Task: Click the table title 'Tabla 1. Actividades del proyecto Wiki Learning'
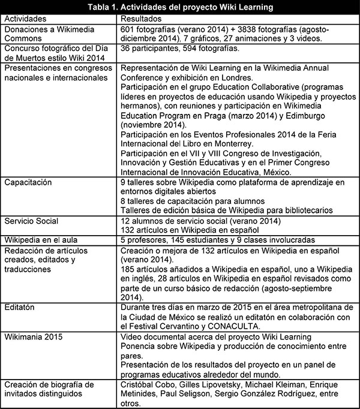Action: (180, 7)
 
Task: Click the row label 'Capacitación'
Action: (28, 182)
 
